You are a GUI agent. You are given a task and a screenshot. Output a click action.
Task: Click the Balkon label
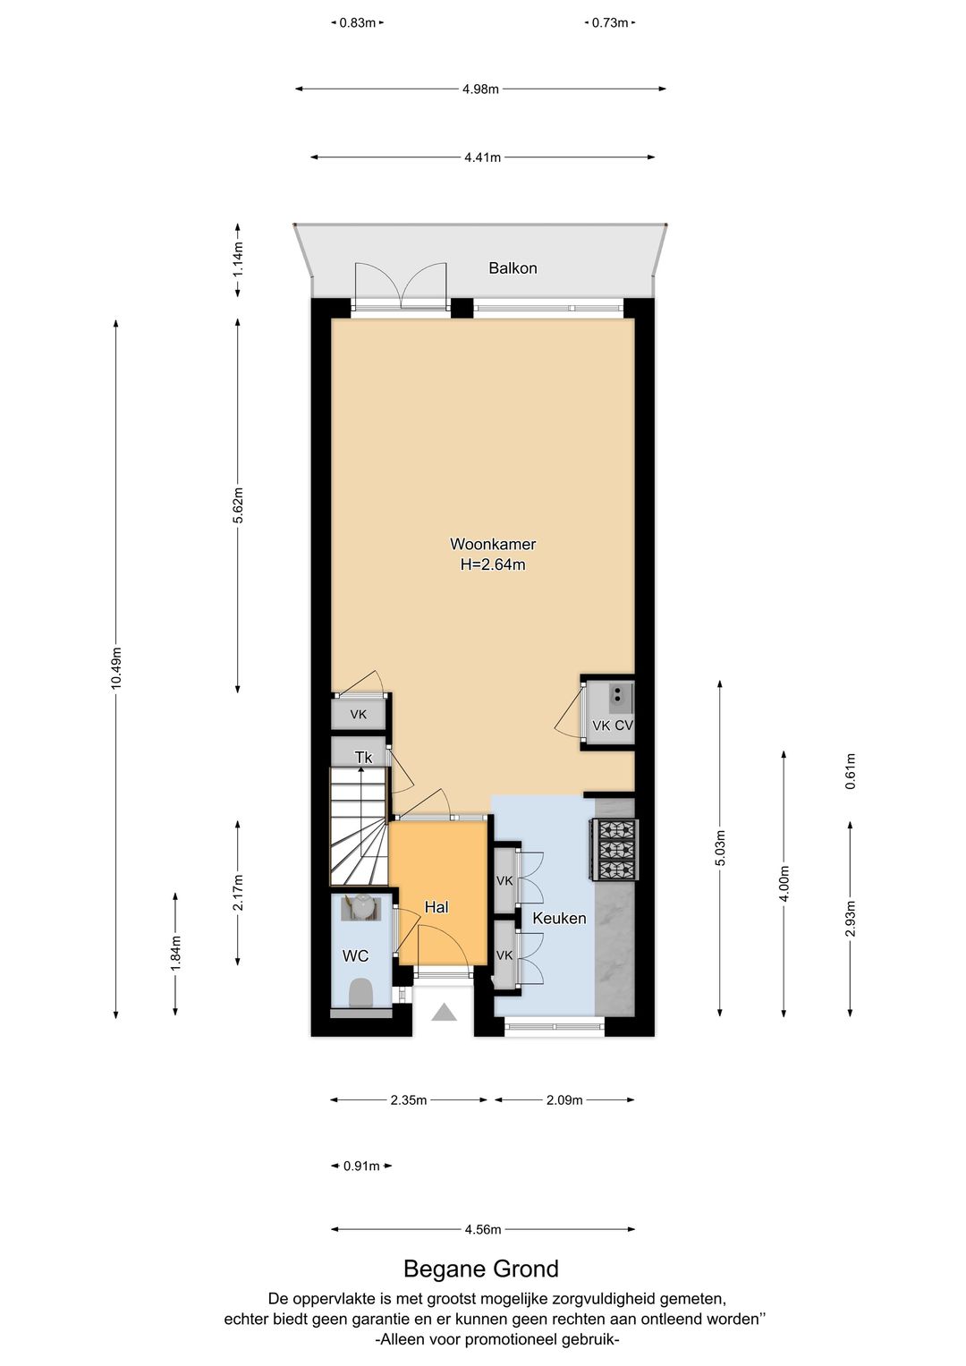pos(513,267)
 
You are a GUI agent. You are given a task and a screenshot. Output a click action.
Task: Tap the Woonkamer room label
pos(493,543)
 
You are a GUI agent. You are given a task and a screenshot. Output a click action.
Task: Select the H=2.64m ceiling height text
pos(493,564)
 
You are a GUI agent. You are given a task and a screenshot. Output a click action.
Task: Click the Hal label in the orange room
pos(436,907)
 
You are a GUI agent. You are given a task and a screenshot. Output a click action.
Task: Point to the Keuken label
pos(559,918)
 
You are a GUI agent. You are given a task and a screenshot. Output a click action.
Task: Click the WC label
pos(355,955)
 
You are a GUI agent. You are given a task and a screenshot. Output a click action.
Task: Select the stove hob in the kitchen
pos(613,850)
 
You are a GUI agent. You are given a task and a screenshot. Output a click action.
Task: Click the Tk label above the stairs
pos(363,758)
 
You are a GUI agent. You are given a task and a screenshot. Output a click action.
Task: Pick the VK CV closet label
pos(613,725)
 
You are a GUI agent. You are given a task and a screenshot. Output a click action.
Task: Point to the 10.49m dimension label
pos(116,668)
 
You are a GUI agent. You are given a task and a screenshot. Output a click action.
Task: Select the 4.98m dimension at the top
pos(480,89)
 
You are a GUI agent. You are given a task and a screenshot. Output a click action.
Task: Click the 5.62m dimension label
pos(238,505)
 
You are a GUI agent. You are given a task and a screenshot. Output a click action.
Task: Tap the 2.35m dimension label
pos(409,1100)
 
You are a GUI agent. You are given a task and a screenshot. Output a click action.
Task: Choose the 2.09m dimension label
pos(564,1100)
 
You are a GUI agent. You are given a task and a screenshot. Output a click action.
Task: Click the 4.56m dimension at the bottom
pos(483,1229)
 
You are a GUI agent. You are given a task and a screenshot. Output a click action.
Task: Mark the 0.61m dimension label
pos(851,771)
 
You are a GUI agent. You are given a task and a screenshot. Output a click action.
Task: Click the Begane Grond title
pos(481,1269)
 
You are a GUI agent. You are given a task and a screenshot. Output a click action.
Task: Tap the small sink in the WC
pos(361,908)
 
